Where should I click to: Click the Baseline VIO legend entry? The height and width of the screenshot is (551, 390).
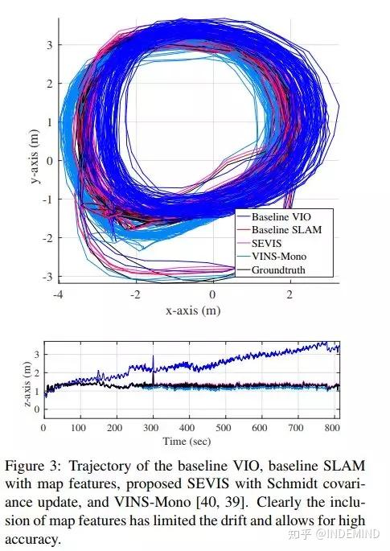pyautogui.click(x=277, y=217)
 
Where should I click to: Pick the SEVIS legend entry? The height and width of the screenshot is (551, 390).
pyautogui.click(x=267, y=244)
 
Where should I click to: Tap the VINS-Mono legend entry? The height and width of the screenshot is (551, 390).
pyautogui.click(x=277, y=257)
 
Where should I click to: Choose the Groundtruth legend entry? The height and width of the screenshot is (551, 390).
pyautogui.click(x=278, y=270)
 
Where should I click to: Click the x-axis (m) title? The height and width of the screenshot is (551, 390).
pyautogui.click(x=192, y=310)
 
